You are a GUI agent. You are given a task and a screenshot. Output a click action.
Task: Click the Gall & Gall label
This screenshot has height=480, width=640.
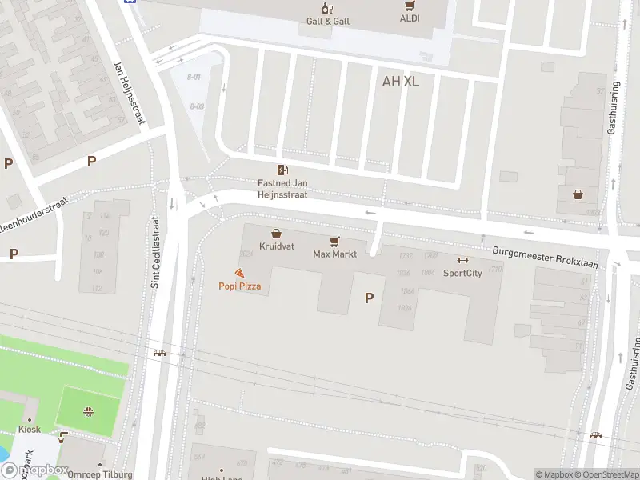coord(328,21)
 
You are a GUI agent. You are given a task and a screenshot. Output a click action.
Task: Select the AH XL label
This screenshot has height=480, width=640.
coord(401,81)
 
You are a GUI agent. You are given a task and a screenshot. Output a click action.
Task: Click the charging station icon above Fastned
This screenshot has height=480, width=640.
coord(282,170)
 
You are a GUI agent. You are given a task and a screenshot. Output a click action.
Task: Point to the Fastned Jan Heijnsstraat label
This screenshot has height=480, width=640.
coord(282,188)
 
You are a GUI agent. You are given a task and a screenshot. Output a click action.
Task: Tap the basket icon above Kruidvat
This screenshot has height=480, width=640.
coord(277,234)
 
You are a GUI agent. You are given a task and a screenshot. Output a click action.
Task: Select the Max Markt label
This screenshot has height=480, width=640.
coord(334,254)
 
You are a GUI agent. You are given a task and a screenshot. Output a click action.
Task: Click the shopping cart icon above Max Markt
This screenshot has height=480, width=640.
coord(334,240)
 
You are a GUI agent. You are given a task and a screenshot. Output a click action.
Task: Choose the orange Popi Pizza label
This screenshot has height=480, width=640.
coord(240,286)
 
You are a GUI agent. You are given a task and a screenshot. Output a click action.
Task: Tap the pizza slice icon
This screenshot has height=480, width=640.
coord(239,273)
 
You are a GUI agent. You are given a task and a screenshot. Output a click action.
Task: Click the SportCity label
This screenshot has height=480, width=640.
coord(462,273)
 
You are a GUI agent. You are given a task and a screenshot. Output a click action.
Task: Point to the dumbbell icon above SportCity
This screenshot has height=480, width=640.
coord(462,260)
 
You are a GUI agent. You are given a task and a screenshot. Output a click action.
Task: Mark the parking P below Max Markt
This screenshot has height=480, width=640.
coord(369,298)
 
